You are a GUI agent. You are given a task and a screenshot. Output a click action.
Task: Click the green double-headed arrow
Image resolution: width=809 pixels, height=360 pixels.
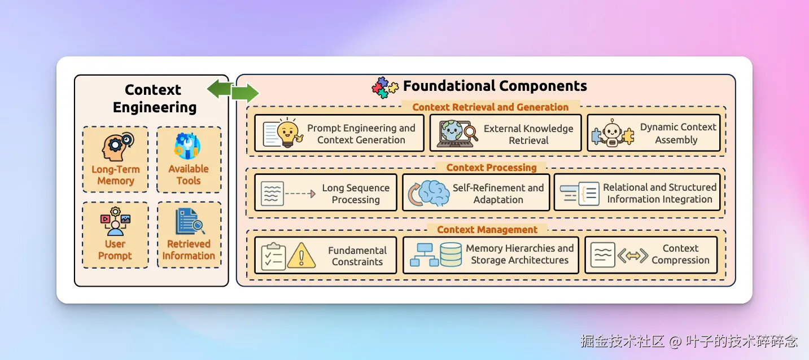[233, 91]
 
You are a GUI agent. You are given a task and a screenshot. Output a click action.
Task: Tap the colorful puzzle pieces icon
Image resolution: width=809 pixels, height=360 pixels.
[385, 87]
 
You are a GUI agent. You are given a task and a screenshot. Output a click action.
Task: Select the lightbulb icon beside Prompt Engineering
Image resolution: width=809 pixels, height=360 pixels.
[288, 133]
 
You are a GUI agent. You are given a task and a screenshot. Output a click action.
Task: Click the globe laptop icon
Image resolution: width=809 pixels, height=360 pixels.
[457, 134]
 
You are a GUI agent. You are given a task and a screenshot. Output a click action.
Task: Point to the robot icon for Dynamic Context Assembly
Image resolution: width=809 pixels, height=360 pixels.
[613, 133]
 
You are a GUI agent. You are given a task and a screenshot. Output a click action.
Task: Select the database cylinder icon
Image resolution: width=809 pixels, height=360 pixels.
[451, 254]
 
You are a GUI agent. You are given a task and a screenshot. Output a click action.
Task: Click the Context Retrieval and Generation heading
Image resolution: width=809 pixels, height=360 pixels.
[491, 107]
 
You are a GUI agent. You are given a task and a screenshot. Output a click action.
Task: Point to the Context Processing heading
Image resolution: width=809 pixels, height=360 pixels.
[492, 168]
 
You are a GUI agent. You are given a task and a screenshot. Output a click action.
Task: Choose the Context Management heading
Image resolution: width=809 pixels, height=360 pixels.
[487, 230]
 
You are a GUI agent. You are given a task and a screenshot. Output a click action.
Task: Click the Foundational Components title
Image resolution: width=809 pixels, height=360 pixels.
[495, 86]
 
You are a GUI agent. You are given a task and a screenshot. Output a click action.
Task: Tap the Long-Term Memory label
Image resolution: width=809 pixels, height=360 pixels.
[116, 175]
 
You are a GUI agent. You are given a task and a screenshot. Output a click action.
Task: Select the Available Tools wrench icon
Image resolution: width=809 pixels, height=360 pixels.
[187, 146]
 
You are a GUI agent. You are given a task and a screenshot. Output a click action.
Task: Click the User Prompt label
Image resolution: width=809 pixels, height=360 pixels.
[115, 250]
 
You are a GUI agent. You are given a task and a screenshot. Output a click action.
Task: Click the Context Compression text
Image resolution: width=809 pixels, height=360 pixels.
[680, 254]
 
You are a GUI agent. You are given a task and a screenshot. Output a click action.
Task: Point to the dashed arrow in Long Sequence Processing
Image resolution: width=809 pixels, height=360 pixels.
[300, 194]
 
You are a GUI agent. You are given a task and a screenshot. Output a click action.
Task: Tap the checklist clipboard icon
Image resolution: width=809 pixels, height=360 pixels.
[273, 256]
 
